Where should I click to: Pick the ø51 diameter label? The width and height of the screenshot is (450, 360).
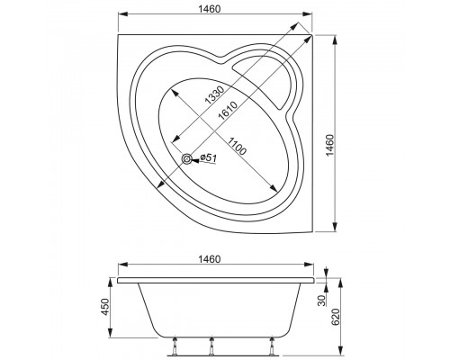tap(206, 158)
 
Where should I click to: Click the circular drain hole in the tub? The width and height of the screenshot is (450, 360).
tap(187, 160)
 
